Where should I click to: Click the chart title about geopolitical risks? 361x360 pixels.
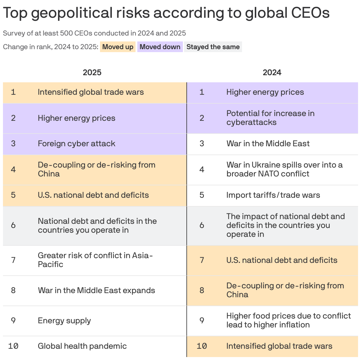(x=166, y=13)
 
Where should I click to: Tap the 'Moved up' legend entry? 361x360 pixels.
(x=118, y=47)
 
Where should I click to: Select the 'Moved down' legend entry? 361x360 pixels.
(x=160, y=47)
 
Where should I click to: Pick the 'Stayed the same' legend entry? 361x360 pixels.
(x=213, y=47)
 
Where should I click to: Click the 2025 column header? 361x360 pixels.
(x=92, y=73)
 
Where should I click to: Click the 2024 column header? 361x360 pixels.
(x=272, y=73)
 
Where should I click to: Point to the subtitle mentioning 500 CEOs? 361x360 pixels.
(x=94, y=33)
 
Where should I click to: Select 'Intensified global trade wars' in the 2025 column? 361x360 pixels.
(x=91, y=92)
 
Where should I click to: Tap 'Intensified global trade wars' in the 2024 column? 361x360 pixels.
(x=279, y=346)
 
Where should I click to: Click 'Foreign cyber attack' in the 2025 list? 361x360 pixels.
(x=76, y=144)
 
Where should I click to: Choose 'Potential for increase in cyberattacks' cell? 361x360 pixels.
(x=270, y=118)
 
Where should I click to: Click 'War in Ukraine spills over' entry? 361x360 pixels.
(x=284, y=169)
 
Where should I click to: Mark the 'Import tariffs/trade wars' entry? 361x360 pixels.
(x=273, y=195)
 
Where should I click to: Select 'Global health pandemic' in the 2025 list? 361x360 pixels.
(x=82, y=346)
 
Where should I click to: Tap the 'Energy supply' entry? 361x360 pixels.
(x=64, y=321)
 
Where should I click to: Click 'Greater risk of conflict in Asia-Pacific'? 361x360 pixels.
(x=95, y=260)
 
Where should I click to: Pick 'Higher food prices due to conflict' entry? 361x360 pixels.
(x=288, y=320)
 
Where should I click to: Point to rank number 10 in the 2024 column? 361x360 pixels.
(x=202, y=346)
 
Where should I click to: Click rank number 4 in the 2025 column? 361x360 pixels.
(x=13, y=170)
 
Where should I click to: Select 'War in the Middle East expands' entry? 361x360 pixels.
(x=96, y=290)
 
